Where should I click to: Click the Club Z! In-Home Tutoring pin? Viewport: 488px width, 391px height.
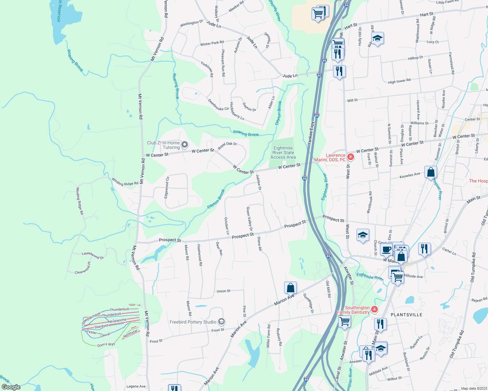point(185,145)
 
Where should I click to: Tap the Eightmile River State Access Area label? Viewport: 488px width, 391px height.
point(283,152)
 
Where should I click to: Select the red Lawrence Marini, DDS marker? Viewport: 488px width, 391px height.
point(351,157)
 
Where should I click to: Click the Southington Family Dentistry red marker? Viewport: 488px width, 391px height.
point(374,309)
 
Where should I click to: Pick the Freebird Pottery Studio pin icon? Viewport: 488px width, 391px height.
point(221,322)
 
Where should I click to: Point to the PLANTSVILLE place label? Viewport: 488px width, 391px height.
point(406,315)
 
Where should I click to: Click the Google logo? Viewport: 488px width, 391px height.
point(11,387)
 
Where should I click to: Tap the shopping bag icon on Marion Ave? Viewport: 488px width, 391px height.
point(290,288)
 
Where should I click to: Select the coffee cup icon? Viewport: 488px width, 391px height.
point(386,250)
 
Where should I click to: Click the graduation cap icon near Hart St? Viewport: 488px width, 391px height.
point(377,38)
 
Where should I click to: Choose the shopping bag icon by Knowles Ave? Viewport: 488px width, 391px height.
point(431,172)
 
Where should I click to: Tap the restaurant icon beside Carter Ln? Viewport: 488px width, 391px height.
point(424,249)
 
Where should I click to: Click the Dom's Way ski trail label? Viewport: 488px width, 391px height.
point(106,345)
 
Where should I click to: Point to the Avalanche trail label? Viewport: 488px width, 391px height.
point(118,321)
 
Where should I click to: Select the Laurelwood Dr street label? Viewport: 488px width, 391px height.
point(93,255)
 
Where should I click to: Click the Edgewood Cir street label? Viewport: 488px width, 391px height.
point(167,187)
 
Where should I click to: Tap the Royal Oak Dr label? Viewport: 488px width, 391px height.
point(227,146)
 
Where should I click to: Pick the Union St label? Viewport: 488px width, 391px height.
point(223,291)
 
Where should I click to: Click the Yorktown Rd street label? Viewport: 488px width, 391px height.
point(207,69)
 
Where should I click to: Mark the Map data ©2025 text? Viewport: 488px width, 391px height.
point(474,388)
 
